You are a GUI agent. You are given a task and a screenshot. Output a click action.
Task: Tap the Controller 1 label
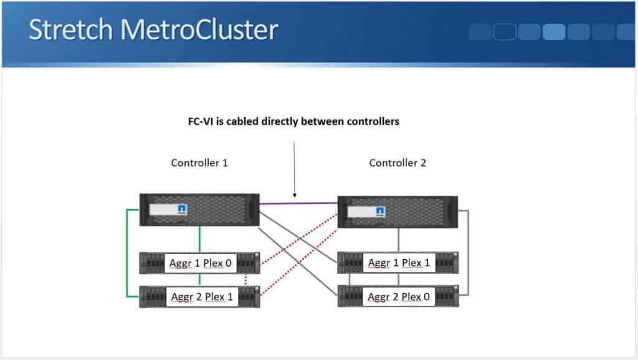pyautogui.click(x=199, y=163)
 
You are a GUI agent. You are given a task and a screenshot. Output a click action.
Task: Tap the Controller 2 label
pyautogui.click(x=398, y=163)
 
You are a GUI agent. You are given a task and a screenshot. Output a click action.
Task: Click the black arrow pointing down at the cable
pyautogui.click(x=294, y=168)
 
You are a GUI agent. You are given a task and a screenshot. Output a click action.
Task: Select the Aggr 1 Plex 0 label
pyautogui.click(x=200, y=263)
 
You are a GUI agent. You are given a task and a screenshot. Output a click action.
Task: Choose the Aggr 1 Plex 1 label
pyautogui.click(x=399, y=263)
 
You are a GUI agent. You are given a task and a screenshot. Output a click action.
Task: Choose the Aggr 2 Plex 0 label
pyautogui.click(x=399, y=296)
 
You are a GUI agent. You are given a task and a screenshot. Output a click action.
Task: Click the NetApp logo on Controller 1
pyautogui.click(x=182, y=209)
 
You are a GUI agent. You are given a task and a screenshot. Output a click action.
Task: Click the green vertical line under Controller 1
pyautogui.click(x=199, y=239)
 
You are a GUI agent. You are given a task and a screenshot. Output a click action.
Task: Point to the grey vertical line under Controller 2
pyautogui.click(x=398, y=240)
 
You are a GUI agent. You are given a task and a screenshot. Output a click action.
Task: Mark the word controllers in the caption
pyautogui.click(x=368, y=121)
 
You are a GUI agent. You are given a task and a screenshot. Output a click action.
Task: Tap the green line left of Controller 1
pyautogui.click(x=128, y=252)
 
